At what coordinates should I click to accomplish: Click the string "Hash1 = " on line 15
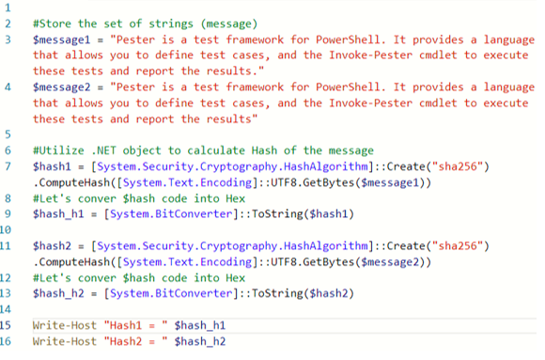coord(137,325)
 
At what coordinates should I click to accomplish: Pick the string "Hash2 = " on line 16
coord(137,341)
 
